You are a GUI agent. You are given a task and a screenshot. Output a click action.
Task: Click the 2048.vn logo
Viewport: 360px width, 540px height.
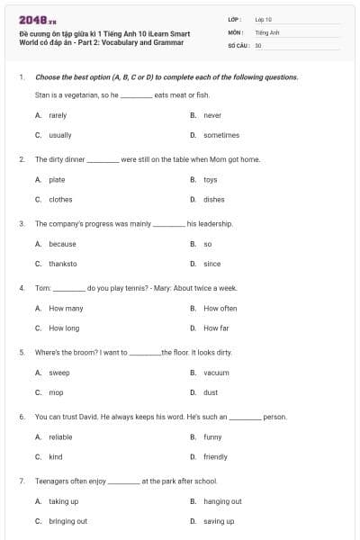pyautogui.click(x=33, y=20)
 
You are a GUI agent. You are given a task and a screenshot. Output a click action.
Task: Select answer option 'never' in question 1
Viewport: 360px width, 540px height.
pyautogui.click(x=212, y=115)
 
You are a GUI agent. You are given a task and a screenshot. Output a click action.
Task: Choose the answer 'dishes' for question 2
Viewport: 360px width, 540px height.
pyautogui.click(x=214, y=200)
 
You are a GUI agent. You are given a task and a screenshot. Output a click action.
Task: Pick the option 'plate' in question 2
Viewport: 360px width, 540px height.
pyautogui.click(x=57, y=180)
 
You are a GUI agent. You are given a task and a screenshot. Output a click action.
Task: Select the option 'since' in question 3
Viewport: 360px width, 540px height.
pyautogui.click(x=212, y=264)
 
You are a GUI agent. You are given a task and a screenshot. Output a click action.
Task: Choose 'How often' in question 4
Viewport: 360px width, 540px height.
pyautogui.click(x=220, y=309)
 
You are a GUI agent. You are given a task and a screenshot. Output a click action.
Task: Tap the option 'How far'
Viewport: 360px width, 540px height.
pyautogui.click(x=216, y=328)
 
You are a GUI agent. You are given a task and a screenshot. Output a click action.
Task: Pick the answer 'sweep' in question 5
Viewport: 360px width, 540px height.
pyautogui.click(x=58, y=373)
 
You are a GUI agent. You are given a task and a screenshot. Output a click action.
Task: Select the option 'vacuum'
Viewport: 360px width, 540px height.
pyautogui.click(x=216, y=373)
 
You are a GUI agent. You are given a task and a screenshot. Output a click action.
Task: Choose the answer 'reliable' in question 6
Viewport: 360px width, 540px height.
pyautogui.click(x=60, y=437)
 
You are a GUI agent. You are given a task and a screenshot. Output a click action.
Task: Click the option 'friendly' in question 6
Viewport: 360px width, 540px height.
pyautogui.click(x=216, y=457)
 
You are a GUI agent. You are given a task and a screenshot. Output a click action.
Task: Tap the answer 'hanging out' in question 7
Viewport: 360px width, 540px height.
pyautogui.click(x=222, y=501)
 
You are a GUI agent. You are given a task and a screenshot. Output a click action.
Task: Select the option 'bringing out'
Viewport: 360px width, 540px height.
pyautogui.click(x=67, y=521)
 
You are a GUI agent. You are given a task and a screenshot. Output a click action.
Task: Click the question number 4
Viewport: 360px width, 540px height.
pyautogui.click(x=21, y=288)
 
